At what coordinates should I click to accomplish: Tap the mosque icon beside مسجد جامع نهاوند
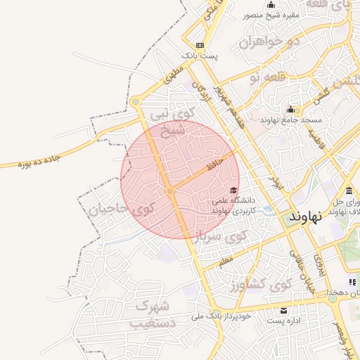coord(290,110)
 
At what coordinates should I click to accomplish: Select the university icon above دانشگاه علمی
coord(233,190)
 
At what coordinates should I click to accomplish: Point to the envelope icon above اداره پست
coord(284,310)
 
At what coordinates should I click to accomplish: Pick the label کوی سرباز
coord(219,236)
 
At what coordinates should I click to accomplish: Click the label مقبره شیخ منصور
coord(271,15)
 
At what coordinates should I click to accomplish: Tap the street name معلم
coord(224,262)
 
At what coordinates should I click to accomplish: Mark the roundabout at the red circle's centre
coord(170,191)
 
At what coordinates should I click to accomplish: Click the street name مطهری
coord(174,75)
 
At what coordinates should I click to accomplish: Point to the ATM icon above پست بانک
coord(200,44)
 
